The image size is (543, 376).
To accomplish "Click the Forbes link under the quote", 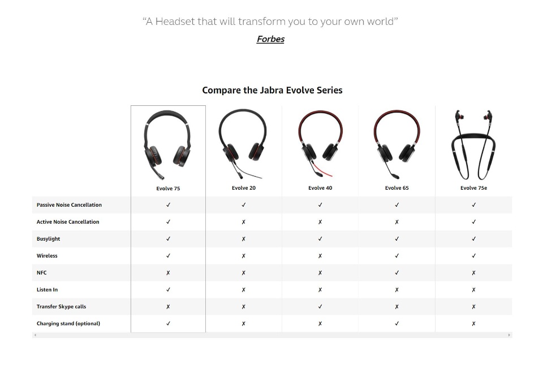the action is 270,39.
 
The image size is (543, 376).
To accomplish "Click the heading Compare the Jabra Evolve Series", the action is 272,90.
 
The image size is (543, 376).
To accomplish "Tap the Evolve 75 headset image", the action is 167,145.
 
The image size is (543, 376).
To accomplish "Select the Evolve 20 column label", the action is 244,188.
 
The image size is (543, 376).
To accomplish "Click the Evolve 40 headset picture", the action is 320,143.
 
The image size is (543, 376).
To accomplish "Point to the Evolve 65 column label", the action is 397,188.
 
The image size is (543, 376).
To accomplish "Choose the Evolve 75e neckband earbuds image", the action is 473,145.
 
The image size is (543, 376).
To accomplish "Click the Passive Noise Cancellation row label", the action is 69,205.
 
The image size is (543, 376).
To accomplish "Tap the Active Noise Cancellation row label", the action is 68,222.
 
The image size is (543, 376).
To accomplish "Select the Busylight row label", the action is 49,239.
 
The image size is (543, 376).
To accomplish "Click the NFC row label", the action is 41,273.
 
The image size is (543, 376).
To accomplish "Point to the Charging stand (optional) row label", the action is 68,323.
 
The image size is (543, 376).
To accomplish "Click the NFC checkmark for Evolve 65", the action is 397,273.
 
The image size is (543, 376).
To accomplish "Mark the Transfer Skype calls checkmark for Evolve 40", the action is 320,306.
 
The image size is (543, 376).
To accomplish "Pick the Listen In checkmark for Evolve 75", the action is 169,289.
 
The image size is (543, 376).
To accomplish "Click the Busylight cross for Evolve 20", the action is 244,239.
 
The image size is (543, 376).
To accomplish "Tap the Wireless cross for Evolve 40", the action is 320,256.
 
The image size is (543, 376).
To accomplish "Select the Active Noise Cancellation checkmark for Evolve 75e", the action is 474,222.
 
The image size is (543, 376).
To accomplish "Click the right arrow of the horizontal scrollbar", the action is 509,335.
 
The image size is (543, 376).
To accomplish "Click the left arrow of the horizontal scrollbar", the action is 35,335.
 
